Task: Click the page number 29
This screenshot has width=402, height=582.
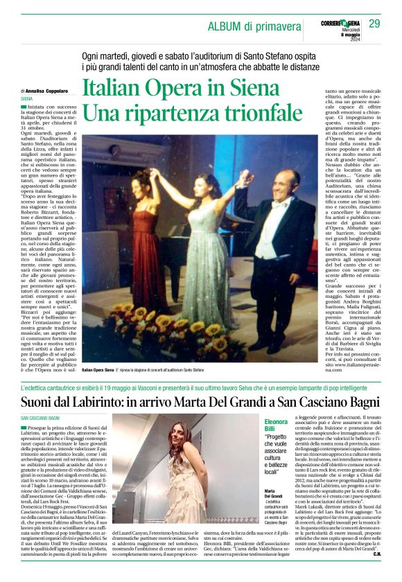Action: point(374,24)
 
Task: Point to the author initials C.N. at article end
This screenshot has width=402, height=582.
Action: point(378,573)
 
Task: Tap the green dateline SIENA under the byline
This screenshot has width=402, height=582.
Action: point(27,99)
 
